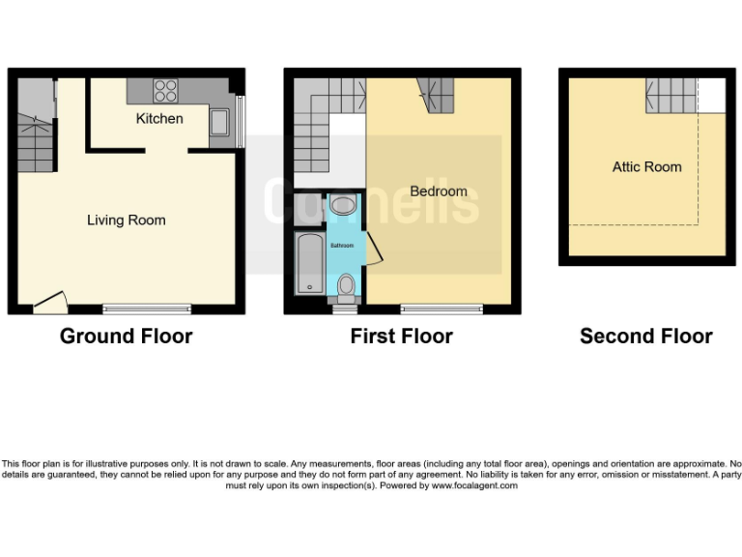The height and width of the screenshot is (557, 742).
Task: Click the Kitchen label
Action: pos(159,118)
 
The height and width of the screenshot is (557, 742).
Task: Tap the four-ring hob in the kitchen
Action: pos(165,90)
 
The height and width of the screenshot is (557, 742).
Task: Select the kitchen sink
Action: pos(219,123)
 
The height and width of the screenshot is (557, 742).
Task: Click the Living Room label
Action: pos(126,220)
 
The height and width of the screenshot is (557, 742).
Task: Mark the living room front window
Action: pos(147,309)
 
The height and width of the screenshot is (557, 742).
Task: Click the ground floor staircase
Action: pos(34,135)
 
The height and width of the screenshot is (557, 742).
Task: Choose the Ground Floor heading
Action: pos(126,337)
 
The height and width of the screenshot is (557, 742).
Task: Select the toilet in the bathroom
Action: pos(346,284)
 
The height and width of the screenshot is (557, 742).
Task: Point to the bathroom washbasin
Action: pos(343,205)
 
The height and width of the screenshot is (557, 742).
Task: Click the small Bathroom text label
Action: pos(343,246)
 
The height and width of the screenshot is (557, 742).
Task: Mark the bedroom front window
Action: pos(441,309)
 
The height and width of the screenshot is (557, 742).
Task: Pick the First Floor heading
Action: pos(401,337)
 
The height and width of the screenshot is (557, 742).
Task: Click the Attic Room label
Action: pos(646,167)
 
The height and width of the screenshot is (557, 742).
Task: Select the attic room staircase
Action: pos(671,95)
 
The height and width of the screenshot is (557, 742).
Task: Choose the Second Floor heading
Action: pos(645,337)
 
